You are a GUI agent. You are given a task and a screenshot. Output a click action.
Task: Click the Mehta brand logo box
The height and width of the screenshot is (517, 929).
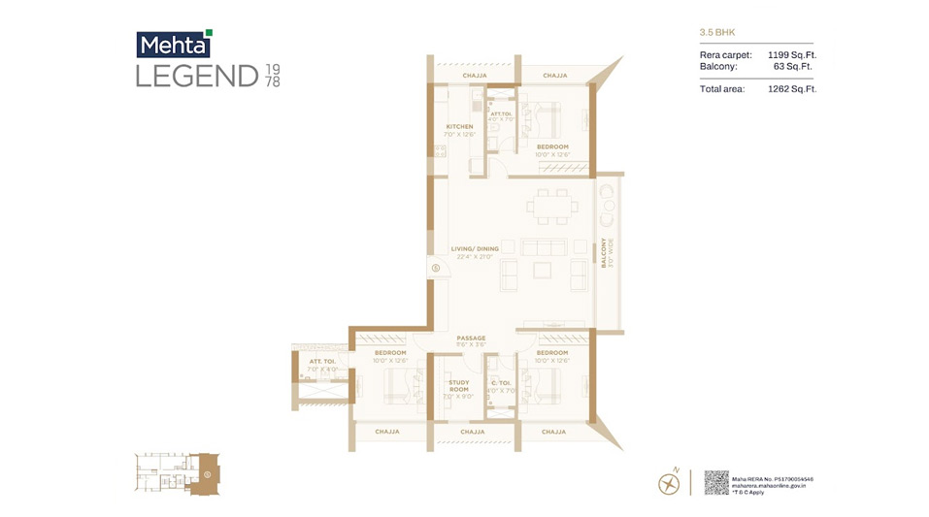pyautogui.click(x=173, y=45)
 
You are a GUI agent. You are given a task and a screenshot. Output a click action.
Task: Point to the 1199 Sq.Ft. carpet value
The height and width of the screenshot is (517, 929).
pyautogui.click(x=791, y=55)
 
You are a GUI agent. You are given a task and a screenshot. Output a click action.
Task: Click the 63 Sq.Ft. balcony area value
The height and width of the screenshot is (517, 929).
pyautogui.click(x=796, y=67)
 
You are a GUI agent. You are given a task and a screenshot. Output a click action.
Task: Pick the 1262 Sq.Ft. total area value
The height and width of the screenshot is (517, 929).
pyautogui.click(x=791, y=89)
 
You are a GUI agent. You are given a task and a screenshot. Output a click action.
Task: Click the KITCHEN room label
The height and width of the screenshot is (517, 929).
pyautogui.click(x=459, y=127)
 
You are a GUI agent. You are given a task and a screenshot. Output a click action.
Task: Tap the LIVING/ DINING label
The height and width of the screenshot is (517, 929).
pyautogui.click(x=475, y=248)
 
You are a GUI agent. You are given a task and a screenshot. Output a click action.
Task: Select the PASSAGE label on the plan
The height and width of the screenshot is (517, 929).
pyautogui.click(x=471, y=338)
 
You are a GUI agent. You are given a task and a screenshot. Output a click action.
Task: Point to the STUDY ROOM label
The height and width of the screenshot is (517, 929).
pyautogui.click(x=459, y=386)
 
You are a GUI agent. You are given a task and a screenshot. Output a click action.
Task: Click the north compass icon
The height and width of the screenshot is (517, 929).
pyautogui.click(x=669, y=481)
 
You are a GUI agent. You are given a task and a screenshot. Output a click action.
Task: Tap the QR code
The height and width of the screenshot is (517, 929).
pyautogui.click(x=715, y=482)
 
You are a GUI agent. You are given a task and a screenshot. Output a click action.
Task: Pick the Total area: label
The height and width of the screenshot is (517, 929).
pyautogui.click(x=722, y=89)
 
